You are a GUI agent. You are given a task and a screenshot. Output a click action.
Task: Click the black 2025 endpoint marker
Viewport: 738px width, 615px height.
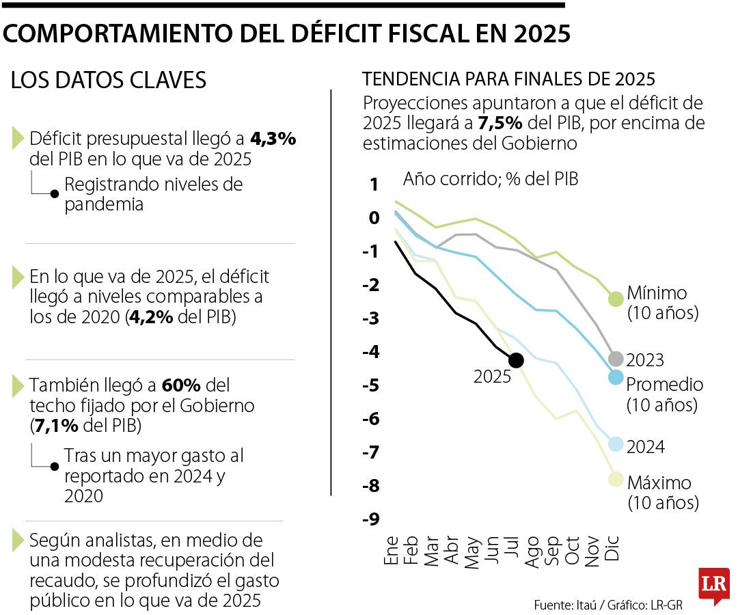[516, 360]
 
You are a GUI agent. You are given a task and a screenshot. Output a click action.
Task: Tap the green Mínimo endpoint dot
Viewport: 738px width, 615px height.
[616, 299]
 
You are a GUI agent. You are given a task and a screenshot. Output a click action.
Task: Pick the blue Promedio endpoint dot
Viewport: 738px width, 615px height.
[616, 377]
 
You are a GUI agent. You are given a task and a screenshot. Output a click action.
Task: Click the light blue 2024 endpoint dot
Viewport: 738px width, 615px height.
[616, 444]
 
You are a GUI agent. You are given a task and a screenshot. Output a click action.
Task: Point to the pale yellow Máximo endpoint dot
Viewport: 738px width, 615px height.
[616, 478]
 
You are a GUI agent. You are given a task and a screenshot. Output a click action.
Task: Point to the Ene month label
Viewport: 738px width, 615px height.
[391, 551]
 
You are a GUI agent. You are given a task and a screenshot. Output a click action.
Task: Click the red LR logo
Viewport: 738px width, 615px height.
[713, 586]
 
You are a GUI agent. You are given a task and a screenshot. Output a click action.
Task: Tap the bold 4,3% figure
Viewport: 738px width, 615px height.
[273, 139]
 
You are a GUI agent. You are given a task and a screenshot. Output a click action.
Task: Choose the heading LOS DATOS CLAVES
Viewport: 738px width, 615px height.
[109, 81]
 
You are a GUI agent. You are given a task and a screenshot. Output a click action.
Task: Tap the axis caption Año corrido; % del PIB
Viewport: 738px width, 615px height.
[490, 179]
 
